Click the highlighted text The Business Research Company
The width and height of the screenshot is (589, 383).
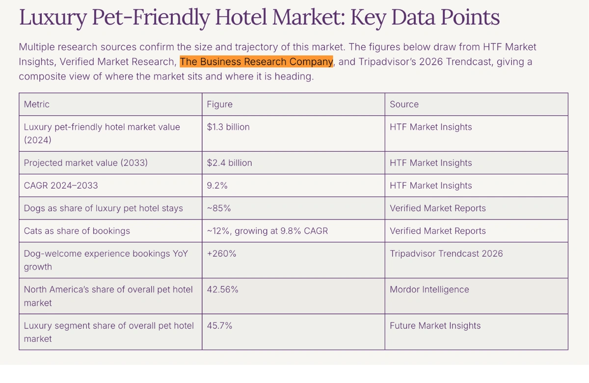[256, 62]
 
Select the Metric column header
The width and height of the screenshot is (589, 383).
[37, 104]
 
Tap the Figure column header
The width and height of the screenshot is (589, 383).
[219, 104]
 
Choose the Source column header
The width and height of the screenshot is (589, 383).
[404, 104]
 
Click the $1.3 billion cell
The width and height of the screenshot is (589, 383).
[228, 127]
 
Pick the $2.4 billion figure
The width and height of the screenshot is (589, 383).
[229, 163]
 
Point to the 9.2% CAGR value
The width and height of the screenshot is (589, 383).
[217, 186]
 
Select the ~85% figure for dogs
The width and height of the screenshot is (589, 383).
[219, 208]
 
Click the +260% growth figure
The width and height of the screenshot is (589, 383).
[221, 253]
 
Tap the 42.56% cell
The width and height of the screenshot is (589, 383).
[222, 289]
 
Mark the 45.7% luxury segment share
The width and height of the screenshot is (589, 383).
[219, 325]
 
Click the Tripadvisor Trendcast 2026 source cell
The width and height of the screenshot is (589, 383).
[446, 253]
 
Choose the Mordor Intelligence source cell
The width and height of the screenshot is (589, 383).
[429, 289]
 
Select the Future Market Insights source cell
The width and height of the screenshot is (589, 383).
[435, 325]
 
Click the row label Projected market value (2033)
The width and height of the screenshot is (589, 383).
[86, 163]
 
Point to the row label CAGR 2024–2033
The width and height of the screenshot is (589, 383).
[61, 186]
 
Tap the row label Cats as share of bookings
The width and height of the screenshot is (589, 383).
[77, 231]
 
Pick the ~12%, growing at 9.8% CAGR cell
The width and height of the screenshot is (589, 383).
[267, 231]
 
